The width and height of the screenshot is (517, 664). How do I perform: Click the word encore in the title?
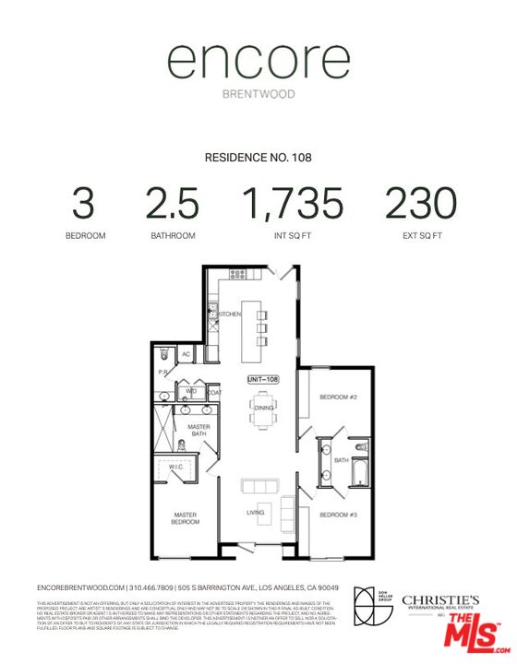258,63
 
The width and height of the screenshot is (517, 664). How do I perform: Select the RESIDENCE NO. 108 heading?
258,158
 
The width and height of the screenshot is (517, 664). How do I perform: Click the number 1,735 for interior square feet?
293,203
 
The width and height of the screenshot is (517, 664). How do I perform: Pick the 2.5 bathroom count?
174,203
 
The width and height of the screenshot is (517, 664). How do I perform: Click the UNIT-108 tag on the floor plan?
262,379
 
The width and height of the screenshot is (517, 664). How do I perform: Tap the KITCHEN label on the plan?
231,314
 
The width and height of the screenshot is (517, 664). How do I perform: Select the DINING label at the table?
262,407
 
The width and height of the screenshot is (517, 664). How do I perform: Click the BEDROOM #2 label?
337,397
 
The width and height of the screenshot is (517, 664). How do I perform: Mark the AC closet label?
186,354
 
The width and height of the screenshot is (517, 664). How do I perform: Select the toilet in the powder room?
163,353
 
